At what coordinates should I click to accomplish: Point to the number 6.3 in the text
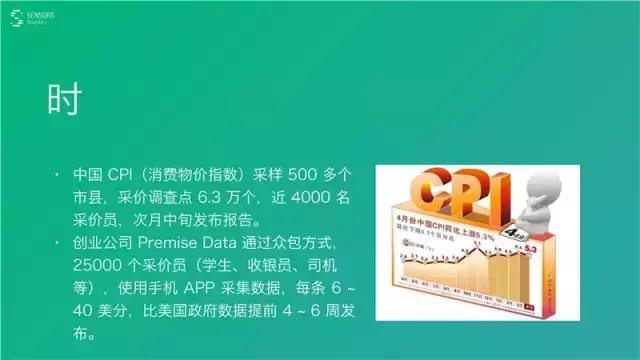click(x=211, y=197)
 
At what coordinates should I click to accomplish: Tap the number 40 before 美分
click(x=86, y=309)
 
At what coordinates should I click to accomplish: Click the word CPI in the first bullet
click(x=123, y=175)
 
